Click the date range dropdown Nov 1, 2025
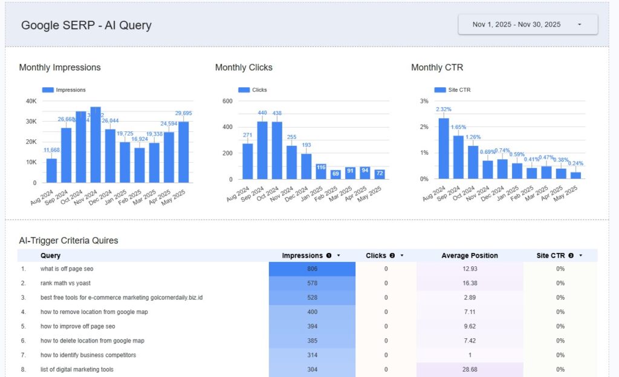pyautogui.click(x=528, y=25)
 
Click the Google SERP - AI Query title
pyautogui.click(x=86, y=25)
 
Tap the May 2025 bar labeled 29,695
pyautogui.click(x=183, y=152)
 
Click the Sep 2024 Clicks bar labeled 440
pyautogui.click(x=262, y=150)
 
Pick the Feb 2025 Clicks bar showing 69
pyautogui.click(x=335, y=174)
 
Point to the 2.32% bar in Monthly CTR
pyautogui.click(x=444, y=148)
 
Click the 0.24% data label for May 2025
pyautogui.click(x=576, y=163)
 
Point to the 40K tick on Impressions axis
pyautogui.click(x=31, y=101)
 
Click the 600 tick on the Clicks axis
pyautogui.click(x=227, y=101)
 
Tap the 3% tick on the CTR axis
pyautogui.click(x=424, y=101)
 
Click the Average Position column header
pyautogui.click(x=470, y=255)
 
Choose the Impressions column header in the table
pyautogui.click(x=302, y=255)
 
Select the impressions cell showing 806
pyautogui.click(x=312, y=269)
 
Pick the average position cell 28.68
pyautogui.click(x=470, y=369)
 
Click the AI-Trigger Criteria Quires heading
pyautogui.click(x=68, y=240)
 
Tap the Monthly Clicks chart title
pyautogui.click(x=244, y=67)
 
